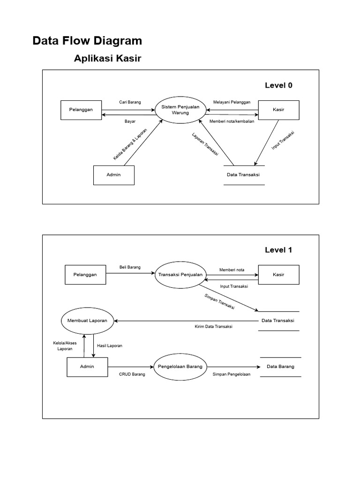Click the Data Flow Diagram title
(87, 41)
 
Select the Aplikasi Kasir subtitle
(107, 58)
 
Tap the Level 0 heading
(278, 85)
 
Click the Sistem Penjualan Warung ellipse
(180, 110)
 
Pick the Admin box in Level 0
(114, 175)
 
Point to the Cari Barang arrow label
(130, 102)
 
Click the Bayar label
(130, 121)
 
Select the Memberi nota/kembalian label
(232, 121)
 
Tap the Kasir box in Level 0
(278, 110)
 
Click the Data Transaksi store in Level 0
(244, 175)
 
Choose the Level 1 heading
(278, 250)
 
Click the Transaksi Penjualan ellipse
(180, 275)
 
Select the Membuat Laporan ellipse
(87, 321)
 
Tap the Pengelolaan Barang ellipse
(180, 367)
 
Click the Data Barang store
(281, 367)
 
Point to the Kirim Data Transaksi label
(213, 327)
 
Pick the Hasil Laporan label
(110, 345)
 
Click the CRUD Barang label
(132, 374)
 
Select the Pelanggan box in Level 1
(85, 275)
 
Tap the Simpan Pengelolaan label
(232, 374)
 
